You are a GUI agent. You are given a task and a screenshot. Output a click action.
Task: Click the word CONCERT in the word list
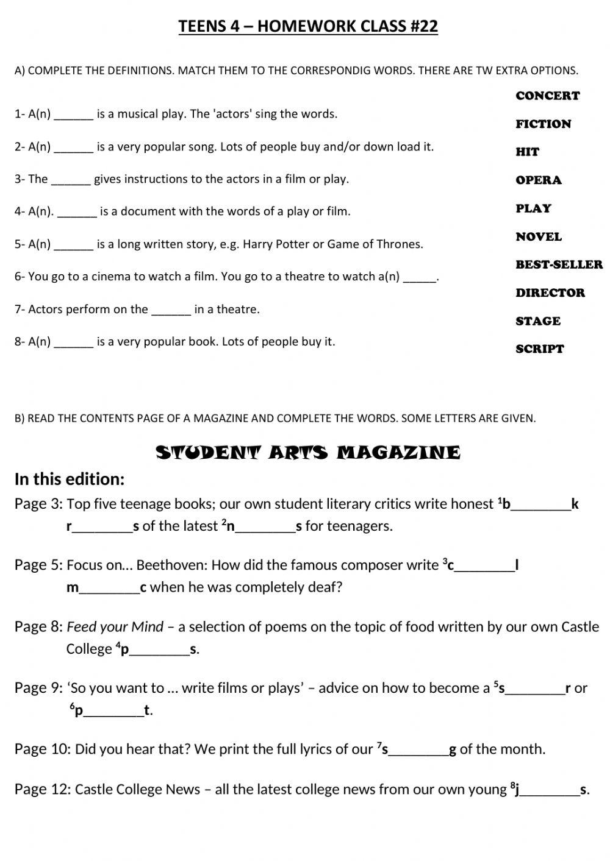tap(547, 96)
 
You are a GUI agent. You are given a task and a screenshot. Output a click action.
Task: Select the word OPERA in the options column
tap(538, 180)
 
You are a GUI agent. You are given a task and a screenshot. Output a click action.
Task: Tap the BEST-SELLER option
tap(559, 264)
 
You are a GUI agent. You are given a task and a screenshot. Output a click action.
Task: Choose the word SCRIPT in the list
tap(539, 349)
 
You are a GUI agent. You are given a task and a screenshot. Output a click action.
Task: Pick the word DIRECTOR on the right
tap(550, 293)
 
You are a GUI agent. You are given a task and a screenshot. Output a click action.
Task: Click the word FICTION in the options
tap(543, 124)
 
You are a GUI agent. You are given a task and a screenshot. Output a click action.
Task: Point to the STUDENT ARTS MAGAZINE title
tap(308, 453)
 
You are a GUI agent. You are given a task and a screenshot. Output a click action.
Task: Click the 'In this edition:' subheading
tap(70, 480)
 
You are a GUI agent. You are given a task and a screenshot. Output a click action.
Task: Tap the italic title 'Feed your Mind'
tap(115, 626)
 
